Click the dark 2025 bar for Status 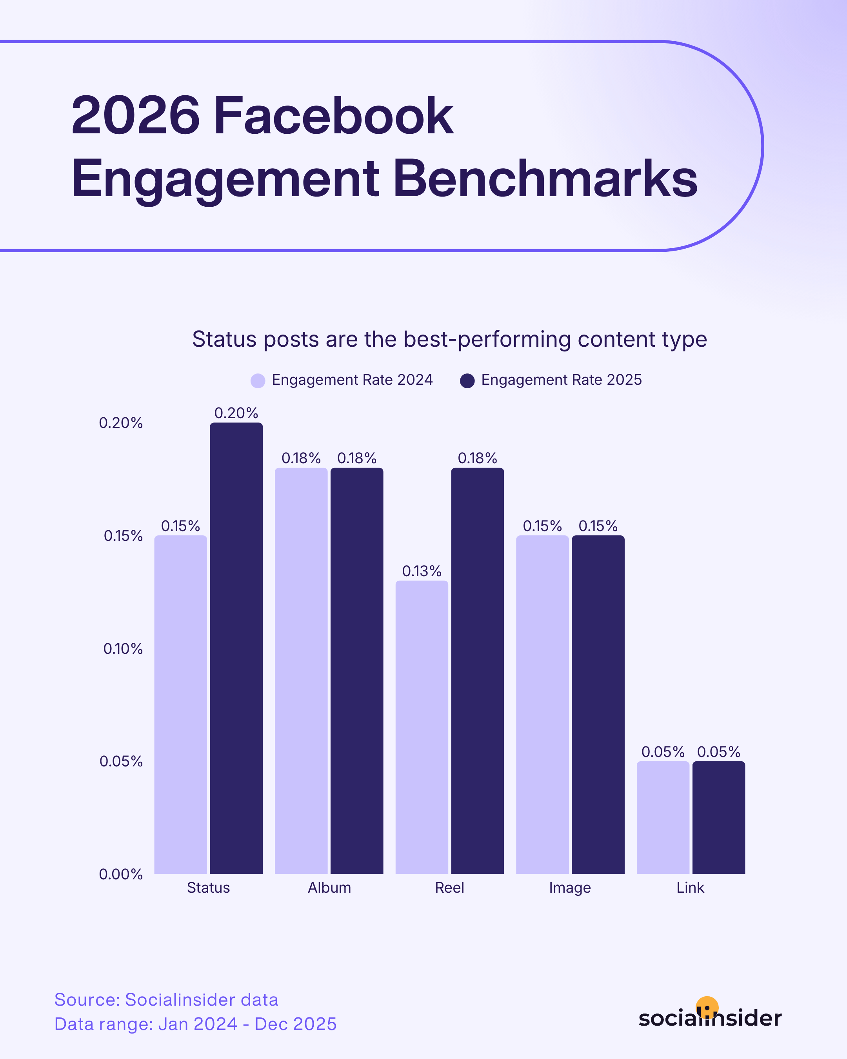tap(236, 648)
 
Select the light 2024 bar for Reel tap(422, 727)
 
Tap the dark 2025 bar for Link tap(718, 817)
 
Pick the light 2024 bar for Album tap(301, 670)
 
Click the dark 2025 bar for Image tap(598, 704)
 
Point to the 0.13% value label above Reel tap(422, 571)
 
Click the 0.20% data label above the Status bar tap(236, 413)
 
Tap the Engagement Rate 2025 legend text tap(561, 380)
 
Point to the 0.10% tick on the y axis tap(123, 648)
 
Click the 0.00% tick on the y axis tap(121, 874)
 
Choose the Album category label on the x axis tap(329, 888)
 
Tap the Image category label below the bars tap(570, 888)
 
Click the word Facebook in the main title tap(333, 116)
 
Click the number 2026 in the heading tap(136, 116)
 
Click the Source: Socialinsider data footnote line tap(166, 999)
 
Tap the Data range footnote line tap(195, 1024)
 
